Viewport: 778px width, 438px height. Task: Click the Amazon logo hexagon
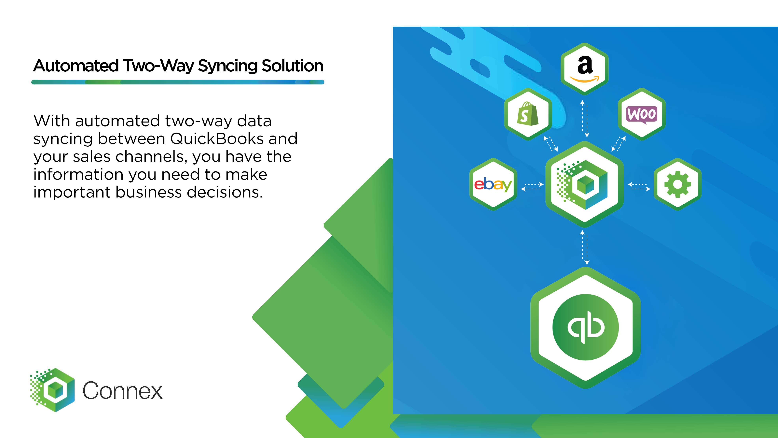coord(584,69)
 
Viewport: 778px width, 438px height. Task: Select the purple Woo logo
coord(641,114)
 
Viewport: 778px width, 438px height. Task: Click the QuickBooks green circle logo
coord(585,327)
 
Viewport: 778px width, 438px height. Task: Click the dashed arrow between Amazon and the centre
coord(585,119)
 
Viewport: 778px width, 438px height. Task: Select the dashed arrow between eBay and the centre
coord(532,186)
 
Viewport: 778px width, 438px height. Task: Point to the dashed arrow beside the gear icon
coord(639,186)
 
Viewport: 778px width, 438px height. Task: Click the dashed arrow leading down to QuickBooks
coord(585,247)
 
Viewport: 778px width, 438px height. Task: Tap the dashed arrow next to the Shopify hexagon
coord(551,144)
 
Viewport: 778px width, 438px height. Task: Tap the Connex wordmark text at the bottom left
coord(122,390)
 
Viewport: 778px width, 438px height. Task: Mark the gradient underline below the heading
coord(178,82)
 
